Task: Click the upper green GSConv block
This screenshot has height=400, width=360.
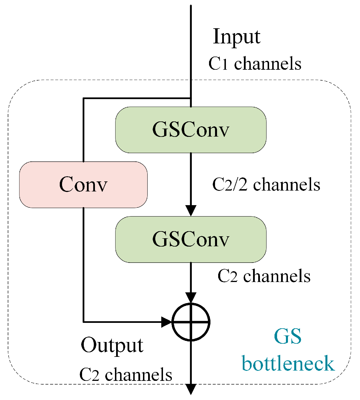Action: (x=191, y=130)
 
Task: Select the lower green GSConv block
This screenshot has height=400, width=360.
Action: (x=191, y=239)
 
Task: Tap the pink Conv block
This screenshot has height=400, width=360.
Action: (x=83, y=185)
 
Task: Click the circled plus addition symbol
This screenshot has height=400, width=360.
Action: (x=191, y=322)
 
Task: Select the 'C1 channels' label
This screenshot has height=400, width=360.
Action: (x=255, y=63)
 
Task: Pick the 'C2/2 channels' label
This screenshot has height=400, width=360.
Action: (x=266, y=185)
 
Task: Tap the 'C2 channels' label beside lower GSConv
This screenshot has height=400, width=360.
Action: (x=264, y=276)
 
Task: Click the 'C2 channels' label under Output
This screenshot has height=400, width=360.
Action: (x=126, y=375)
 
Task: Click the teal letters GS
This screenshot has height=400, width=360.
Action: (x=287, y=336)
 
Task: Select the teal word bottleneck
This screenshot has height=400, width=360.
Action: (x=288, y=364)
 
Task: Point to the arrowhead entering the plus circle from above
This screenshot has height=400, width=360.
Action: (x=191, y=298)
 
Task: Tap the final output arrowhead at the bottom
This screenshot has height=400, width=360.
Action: (x=191, y=389)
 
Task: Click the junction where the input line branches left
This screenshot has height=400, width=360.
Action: (x=191, y=99)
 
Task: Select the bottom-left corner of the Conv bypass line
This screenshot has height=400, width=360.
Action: (x=83, y=322)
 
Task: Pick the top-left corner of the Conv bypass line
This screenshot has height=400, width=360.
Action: (x=83, y=99)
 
